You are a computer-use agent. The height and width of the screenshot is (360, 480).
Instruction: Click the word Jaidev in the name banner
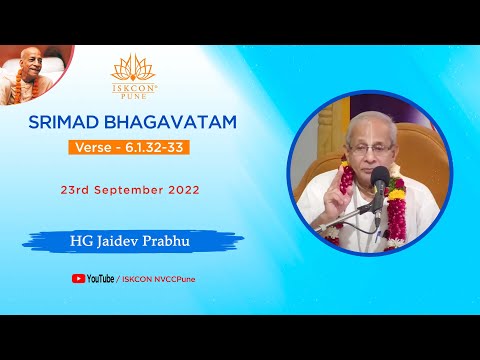[132, 240]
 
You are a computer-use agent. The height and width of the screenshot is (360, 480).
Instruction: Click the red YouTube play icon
[78, 279]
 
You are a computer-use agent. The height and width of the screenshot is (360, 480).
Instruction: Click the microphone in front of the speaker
[380, 179]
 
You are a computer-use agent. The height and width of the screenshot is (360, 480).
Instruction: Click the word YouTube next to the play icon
[100, 279]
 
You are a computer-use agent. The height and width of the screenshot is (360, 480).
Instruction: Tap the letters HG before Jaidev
[97, 240]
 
